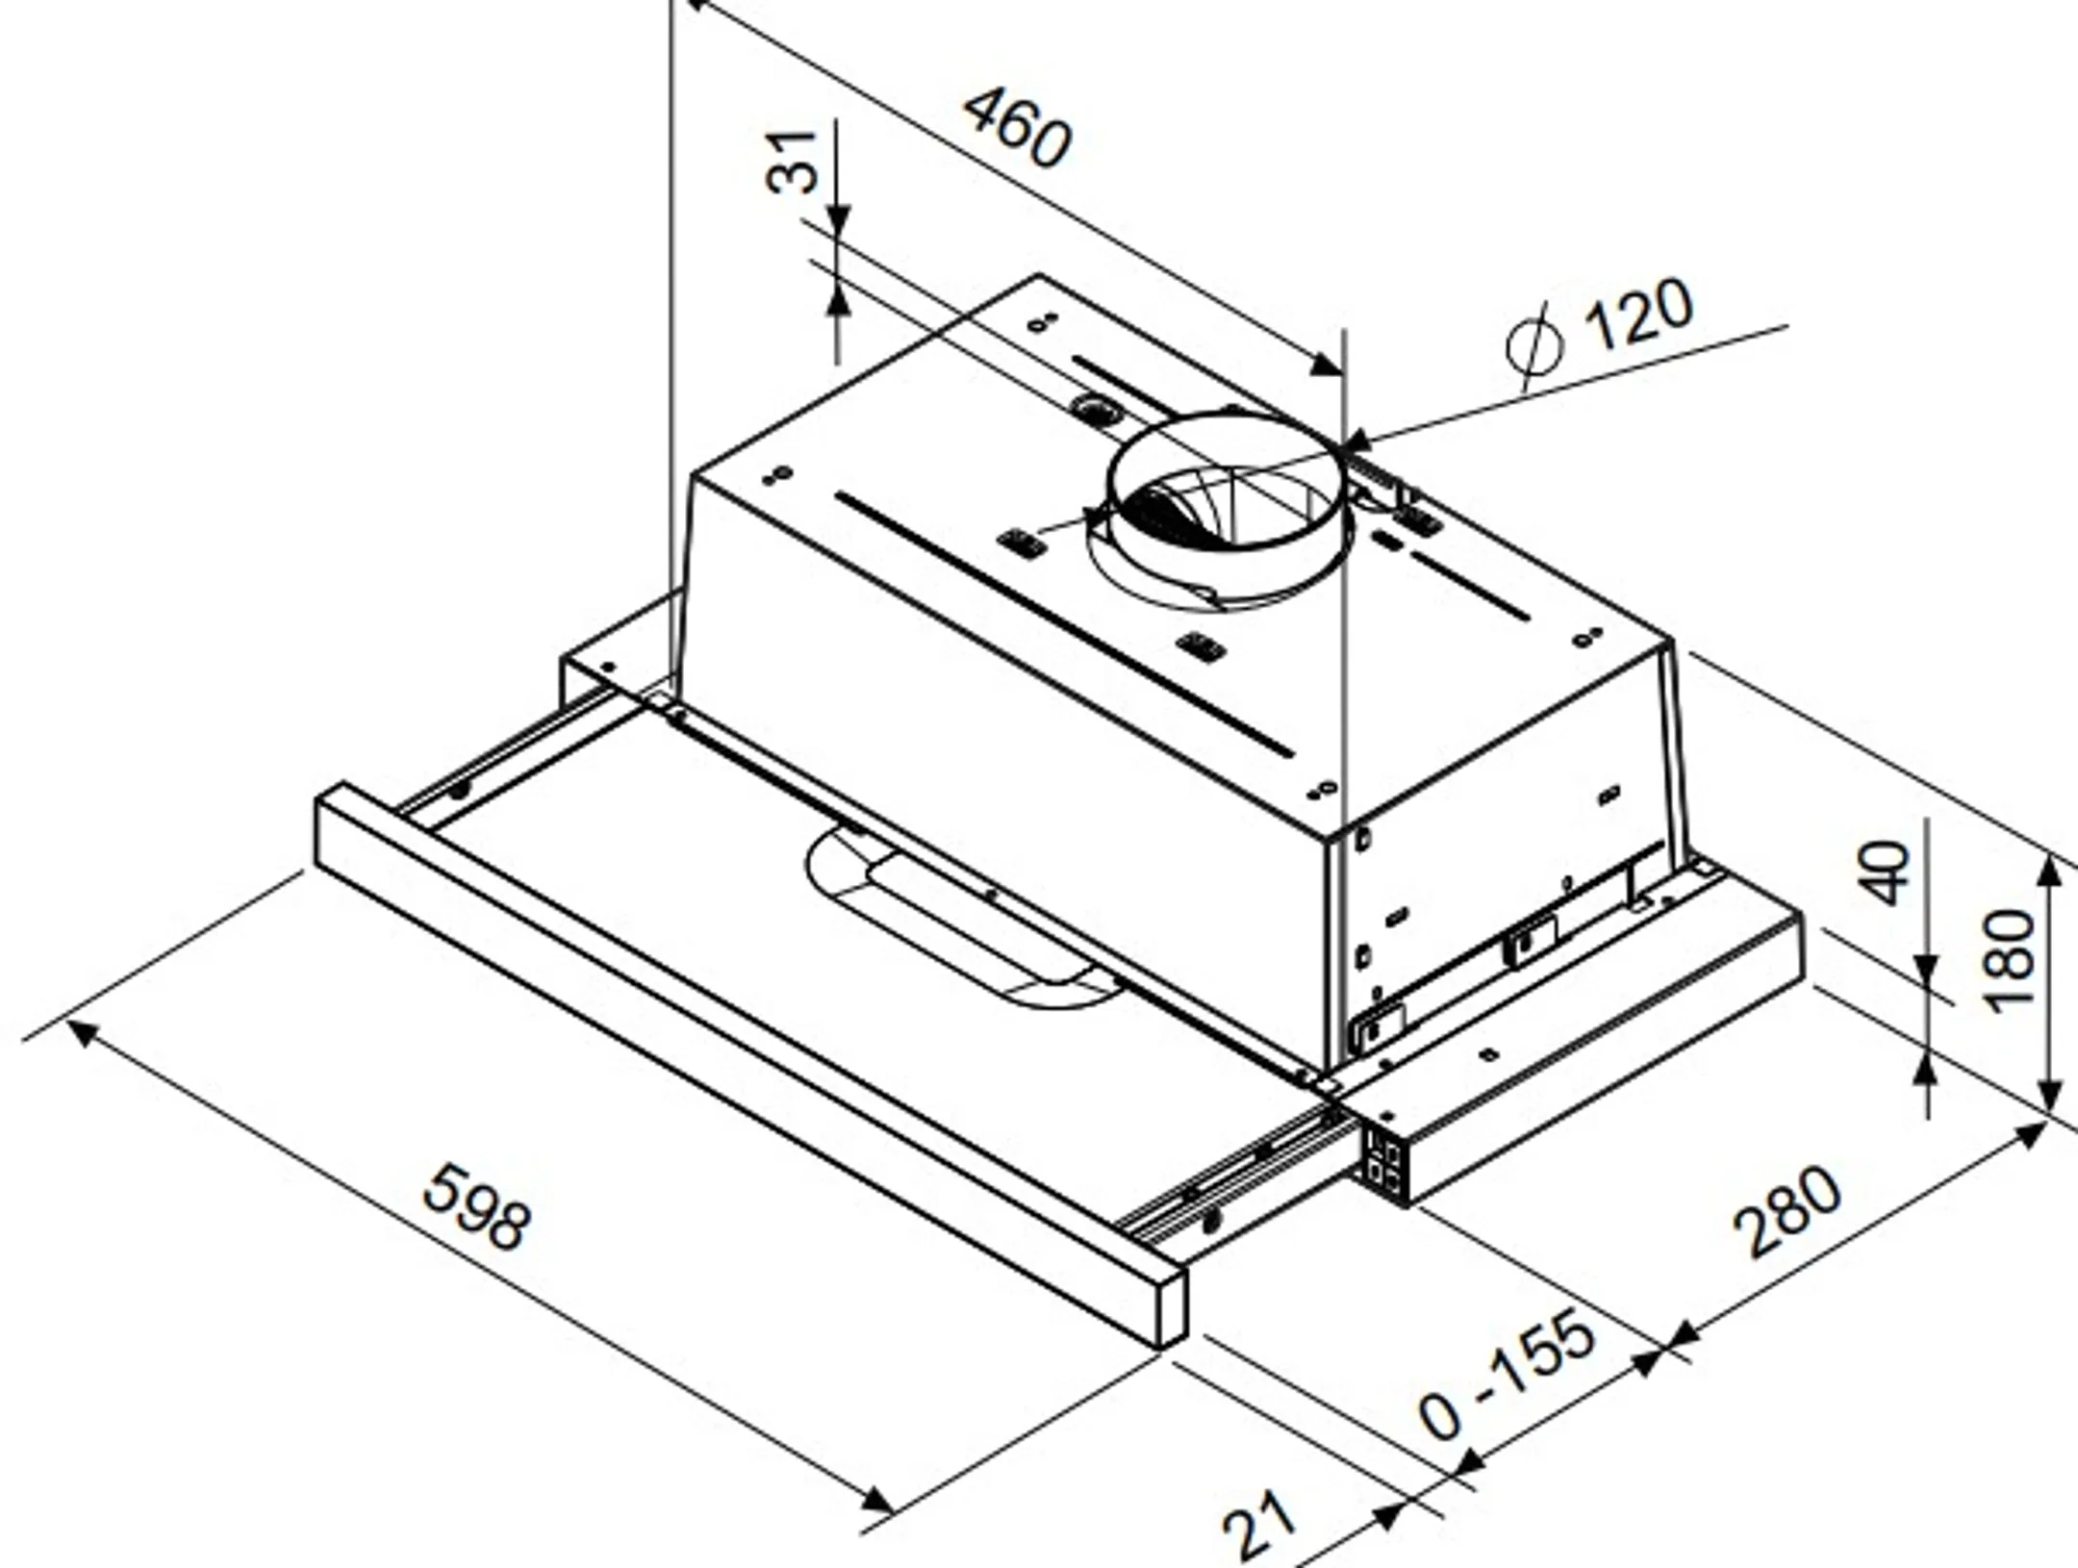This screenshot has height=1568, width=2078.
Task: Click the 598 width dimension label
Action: (x=476, y=1207)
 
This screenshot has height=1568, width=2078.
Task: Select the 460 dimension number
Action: (x=1017, y=129)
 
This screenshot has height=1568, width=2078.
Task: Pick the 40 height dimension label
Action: (x=1887, y=873)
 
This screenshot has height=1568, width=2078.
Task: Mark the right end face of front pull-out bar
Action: (x=1171, y=1308)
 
